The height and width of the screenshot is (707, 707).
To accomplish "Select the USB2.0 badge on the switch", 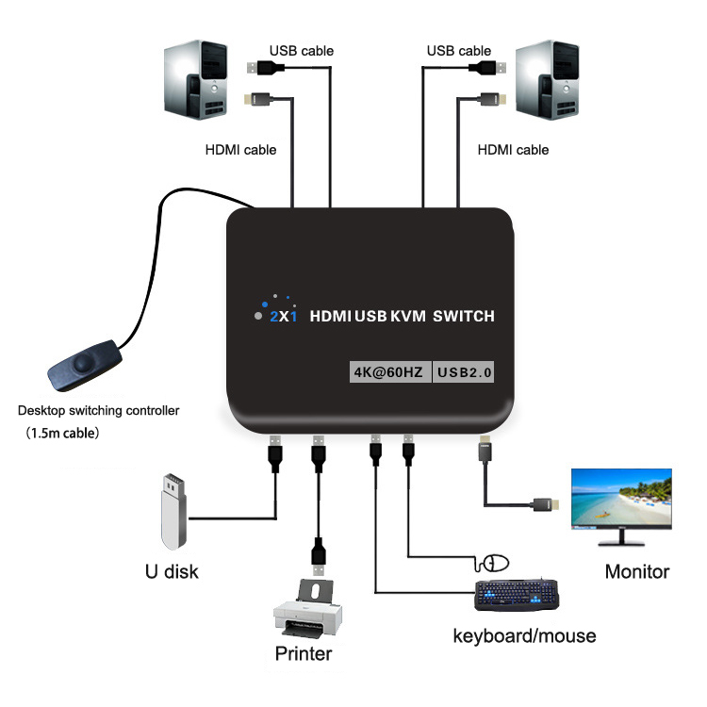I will tap(465, 371).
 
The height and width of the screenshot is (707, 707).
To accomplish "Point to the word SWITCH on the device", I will tap(463, 317).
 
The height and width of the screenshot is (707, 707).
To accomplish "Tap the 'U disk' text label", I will tap(171, 571).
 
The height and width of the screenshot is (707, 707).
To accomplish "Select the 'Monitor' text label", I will tap(637, 571).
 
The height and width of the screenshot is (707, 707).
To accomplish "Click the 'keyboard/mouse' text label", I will tap(524, 636).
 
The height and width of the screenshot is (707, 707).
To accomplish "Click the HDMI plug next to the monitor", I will tap(545, 504).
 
